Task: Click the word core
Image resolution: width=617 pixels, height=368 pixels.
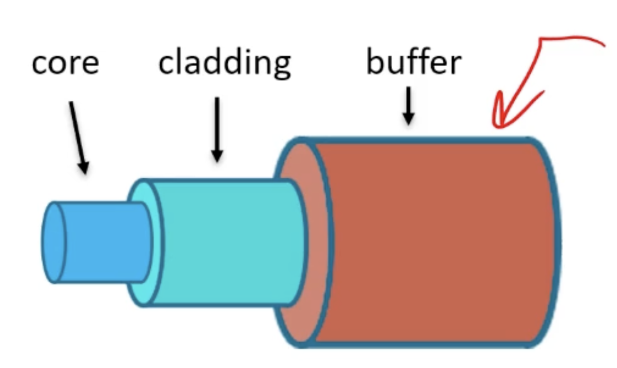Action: tap(65, 63)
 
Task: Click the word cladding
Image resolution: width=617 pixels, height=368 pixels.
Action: tap(225, 63)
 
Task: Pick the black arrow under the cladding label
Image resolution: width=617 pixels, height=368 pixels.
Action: tap(217, 129)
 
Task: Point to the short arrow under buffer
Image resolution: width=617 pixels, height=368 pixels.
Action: tap(409, 106)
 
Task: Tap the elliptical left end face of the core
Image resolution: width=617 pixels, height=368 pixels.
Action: tap(54, 242)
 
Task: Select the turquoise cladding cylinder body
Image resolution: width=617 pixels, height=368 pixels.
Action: tap(227, 242)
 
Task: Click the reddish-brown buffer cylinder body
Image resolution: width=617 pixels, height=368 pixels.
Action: tap(434, 242)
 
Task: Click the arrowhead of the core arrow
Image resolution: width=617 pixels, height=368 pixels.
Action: tap(83, 168)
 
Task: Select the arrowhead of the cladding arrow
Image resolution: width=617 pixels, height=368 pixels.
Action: tap(217, 155)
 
